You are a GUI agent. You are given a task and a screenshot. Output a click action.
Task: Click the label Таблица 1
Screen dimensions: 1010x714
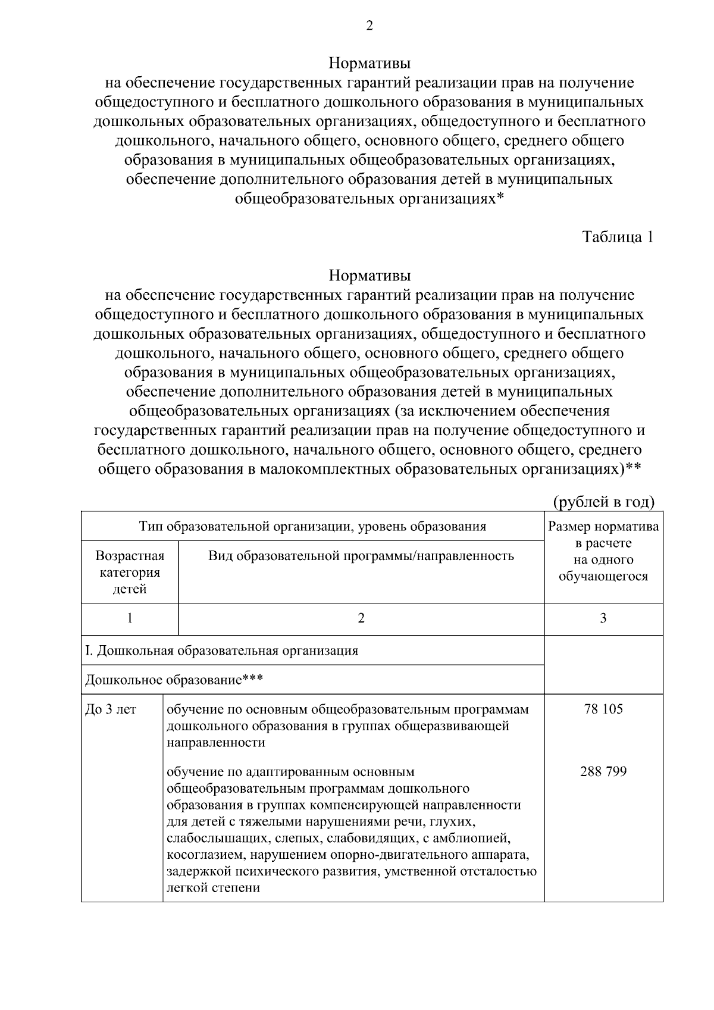click(x=618, y=237)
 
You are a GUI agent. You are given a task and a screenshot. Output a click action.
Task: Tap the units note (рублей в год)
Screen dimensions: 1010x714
click(x=604, y=502)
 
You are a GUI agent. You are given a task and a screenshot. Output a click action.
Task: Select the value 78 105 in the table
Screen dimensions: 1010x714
click(x=603, y=709)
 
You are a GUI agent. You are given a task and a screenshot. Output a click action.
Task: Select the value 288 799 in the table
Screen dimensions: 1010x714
click(x=603, y=772)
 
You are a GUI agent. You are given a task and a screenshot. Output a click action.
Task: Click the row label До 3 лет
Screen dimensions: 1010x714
click(x=111, y=709)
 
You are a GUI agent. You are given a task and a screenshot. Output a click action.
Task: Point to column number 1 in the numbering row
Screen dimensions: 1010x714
click(x=130, y=618)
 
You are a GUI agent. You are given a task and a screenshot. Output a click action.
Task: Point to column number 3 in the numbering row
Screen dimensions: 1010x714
click(x=603, y=618)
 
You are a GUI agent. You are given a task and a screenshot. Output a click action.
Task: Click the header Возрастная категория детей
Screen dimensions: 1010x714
click(x=130, y=572)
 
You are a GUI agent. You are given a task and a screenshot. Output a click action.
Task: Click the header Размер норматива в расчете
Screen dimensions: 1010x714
click(x=603, y=534)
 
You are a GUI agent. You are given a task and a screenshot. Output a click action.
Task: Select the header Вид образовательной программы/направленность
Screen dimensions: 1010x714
click(x=361, y=556)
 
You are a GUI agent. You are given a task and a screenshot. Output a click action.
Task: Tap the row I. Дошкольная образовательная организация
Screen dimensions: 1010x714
click(x=222, y=650)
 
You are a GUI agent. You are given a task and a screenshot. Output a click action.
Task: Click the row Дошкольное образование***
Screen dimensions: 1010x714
click(x=174, y=679)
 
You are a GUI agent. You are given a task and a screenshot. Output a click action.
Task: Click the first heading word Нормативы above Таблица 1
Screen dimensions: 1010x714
click(x=369, y=62)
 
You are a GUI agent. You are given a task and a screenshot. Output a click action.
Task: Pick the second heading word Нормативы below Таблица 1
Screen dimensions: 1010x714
click(x=369, y=276)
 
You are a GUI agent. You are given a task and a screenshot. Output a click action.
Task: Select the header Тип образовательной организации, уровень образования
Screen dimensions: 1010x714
click(x=312, y=526)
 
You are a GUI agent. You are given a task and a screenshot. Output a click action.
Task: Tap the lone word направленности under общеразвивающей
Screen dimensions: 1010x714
click(x=215, y=743)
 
